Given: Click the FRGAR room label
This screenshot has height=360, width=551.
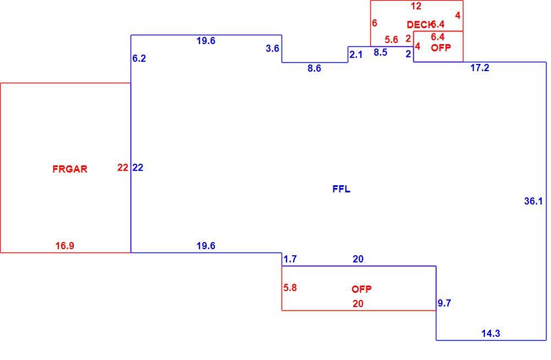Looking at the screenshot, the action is pos(69,169).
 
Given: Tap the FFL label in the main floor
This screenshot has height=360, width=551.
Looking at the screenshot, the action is pos(341,189).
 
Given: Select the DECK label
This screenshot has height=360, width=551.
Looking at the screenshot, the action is pos(419,25).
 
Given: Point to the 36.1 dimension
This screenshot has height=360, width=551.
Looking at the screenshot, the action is pos(533,201).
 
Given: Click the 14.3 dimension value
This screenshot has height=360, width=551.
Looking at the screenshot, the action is pos(490,334).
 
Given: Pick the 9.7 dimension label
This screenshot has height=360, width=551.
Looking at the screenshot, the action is pos(444,303).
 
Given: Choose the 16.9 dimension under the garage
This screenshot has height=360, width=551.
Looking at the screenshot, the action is pos(64,246).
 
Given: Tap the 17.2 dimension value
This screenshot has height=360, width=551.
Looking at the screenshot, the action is pos(480,68).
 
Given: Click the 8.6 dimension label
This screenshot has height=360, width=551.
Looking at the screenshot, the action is pos(314,68).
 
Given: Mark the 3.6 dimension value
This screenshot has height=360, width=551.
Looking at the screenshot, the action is pos(272,48).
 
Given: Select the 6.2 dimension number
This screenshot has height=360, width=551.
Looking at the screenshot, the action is pos(139,58).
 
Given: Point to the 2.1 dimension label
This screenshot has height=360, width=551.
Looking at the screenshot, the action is pos(355,55).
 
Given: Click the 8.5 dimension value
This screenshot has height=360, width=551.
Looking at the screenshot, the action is pos(380,52).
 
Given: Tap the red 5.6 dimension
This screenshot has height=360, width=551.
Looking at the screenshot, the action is pos(391,40).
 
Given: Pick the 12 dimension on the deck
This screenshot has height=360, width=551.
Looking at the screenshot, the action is pos(415,6).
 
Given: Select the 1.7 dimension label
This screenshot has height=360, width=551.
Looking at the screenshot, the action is pos(290,259).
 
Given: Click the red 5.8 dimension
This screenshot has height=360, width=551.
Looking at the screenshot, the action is pos(290,288).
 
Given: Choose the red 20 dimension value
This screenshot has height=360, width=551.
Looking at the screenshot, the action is pos(358,304).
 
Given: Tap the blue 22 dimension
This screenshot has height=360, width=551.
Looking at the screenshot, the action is pos(138,168).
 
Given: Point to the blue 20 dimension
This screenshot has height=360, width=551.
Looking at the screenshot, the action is pos(358,259).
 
